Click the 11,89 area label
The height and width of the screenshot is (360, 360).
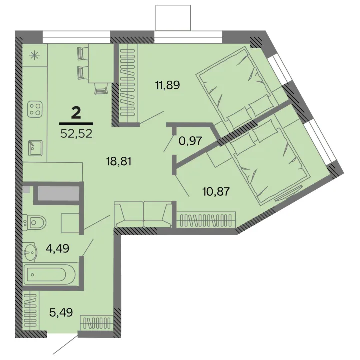(x=168, y=85)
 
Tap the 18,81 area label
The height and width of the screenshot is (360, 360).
(x=119, y=161)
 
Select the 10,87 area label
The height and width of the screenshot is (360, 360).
(x=216, y=191)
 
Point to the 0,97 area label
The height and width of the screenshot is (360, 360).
(x=190, y=140)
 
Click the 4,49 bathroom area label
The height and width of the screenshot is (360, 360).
(x=57, y=248)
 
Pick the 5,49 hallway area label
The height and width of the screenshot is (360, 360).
(x=61, y=312)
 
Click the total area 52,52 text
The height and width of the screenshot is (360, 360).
(x=76, y=133)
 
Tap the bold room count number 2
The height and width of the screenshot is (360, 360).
(x=76, y=113)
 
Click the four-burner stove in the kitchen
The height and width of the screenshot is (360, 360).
(x=35, y=109)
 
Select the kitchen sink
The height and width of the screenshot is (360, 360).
(x=35, y=148)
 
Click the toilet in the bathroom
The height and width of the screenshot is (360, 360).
(x=34, y=222)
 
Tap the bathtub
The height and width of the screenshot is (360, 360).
(x=49, y=275)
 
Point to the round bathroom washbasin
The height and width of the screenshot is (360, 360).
(x=29, y=252)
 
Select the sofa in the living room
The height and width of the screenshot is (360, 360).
(x=143, y=214)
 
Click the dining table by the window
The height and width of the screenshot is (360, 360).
(x=101, y=63)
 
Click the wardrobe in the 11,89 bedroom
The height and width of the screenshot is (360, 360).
(x=128, y=83)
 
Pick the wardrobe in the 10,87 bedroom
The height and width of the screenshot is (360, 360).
(x=206, y=220)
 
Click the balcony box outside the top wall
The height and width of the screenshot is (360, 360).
(x=173, y=18)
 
